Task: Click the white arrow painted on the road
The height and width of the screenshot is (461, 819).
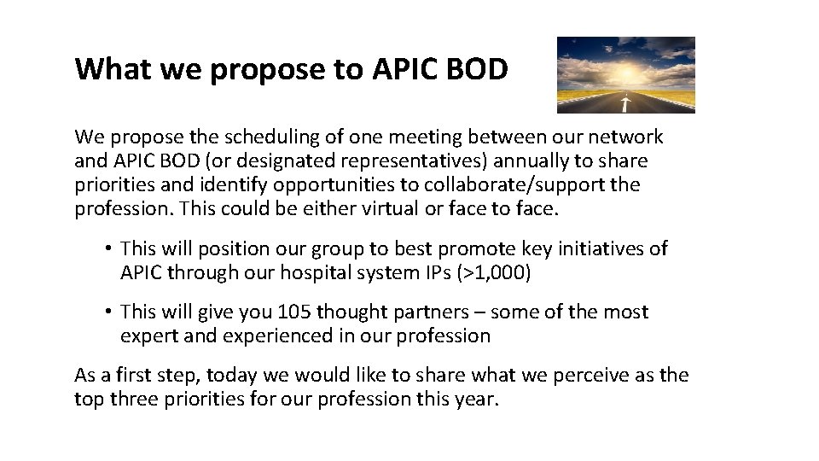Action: pyautogui.click(x=625, y=104)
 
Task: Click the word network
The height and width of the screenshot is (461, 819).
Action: pyautogui.click(x=622, y=137)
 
